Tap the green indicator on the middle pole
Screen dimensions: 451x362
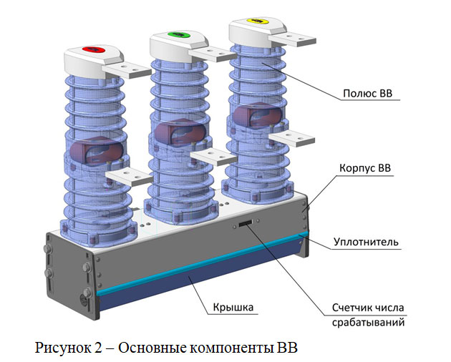tap(179, 34)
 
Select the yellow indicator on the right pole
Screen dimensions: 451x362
tap(258, 21)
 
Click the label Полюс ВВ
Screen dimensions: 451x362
tap(367, 94)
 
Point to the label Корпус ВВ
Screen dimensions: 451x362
tap(365, 168)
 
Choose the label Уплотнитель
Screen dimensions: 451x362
tap(366, 242)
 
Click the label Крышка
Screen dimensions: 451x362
tap(233, 307)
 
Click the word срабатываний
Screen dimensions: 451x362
tap(369, 323)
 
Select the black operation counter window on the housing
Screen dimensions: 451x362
tap(245, 223)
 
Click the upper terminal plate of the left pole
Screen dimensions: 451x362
tap(127, 71)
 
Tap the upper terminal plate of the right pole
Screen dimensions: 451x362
tap(293, 39)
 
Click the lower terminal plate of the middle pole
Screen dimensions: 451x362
tap(213, 157)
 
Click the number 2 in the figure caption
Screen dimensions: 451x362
tap(98, 348)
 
